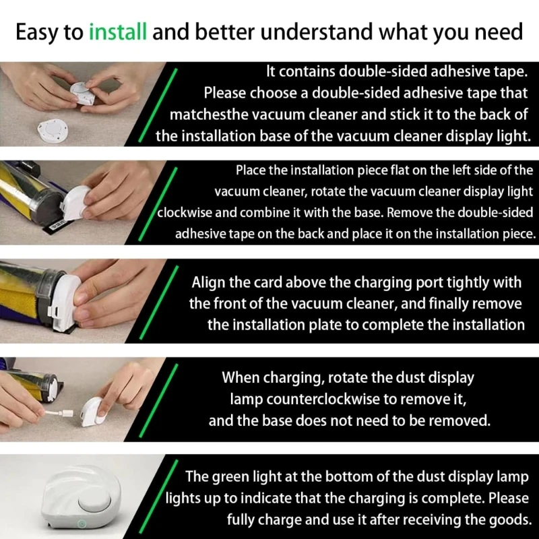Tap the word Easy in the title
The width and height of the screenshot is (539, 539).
(x=38, y=32)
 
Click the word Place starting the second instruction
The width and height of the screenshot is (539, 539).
(x=252, y=170)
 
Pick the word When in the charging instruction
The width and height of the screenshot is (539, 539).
(x=241, y=377)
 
